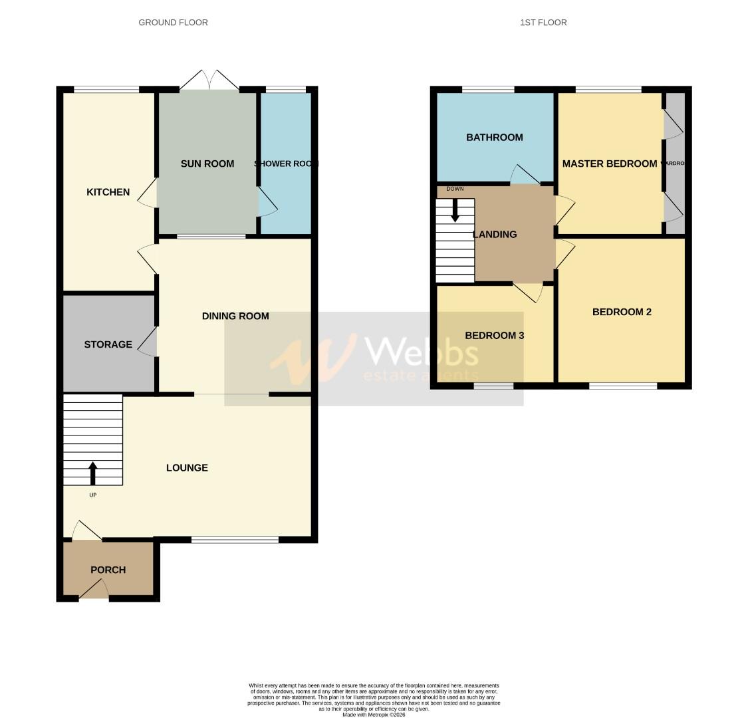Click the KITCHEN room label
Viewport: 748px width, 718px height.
108,192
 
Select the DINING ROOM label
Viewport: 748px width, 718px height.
235,316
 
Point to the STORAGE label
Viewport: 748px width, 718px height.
108,344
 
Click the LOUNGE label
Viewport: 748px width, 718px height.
187,468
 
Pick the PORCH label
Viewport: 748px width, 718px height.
108,570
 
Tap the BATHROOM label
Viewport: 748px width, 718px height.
495,138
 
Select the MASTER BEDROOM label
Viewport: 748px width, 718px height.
609,164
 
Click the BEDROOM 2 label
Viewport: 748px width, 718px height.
622,312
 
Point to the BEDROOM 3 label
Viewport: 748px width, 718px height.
495,336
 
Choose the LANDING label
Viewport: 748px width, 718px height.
495,234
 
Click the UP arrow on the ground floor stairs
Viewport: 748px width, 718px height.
92,473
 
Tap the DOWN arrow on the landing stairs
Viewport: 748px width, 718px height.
455,211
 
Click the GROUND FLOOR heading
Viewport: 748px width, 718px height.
173,23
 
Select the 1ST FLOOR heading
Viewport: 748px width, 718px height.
543,23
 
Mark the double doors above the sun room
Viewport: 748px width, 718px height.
209,81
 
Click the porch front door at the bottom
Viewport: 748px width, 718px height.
94,591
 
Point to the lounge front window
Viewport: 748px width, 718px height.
235,540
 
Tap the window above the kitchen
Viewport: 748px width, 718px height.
106,90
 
